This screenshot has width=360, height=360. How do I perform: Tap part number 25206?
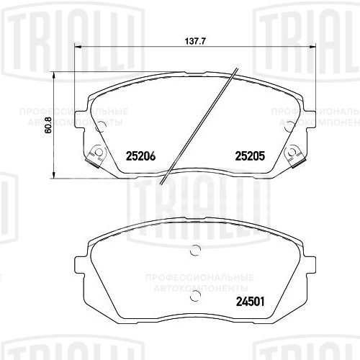(140, 153)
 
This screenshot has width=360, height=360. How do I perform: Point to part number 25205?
(251, 153)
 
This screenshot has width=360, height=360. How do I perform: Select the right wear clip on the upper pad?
(295, 153)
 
